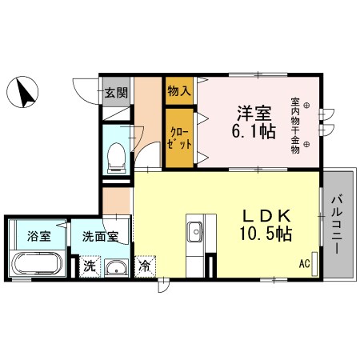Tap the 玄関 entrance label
point(115,91)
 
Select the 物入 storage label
point(179,91)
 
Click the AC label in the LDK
point(305,262)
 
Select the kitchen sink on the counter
point(194,232)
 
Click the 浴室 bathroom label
point(38,237)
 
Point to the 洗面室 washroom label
point(101,237)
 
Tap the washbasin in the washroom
point(117,267)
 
